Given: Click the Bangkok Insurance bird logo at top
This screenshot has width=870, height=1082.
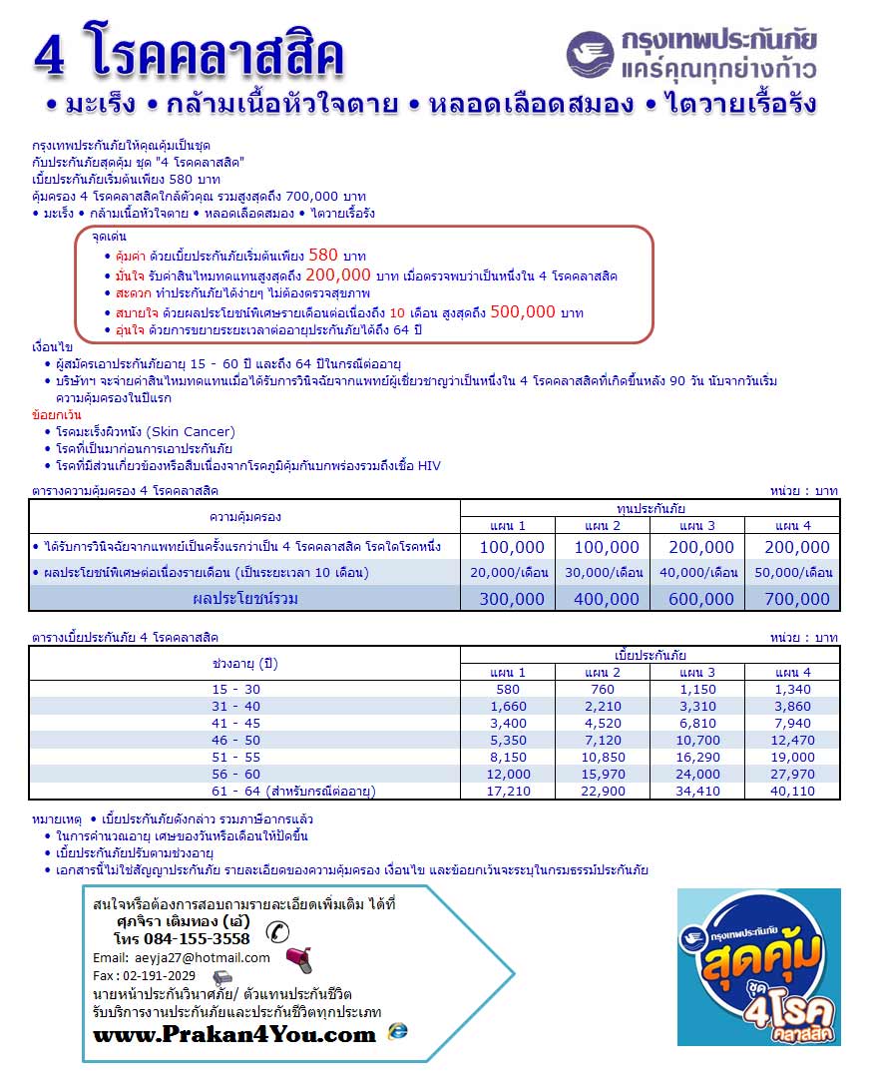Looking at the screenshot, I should click(592, 54).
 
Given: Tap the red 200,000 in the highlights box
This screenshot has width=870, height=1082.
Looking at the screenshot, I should click(338, 274).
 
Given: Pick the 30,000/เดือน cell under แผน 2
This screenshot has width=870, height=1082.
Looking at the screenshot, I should click(603, 572).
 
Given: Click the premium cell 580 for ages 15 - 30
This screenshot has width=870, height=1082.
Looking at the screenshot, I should click(507, 690).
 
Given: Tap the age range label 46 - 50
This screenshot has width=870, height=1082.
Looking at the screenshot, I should click(237, 741).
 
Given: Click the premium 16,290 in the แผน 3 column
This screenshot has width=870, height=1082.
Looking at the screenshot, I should click(697, 758).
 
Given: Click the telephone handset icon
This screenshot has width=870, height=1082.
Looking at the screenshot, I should click(277, 932).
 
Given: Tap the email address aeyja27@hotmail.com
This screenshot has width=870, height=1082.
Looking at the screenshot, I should click(198, 957).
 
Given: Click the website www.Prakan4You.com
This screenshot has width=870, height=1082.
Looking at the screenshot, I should click(234, 1035).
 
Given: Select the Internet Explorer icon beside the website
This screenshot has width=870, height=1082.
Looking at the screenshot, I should click(398, 1031).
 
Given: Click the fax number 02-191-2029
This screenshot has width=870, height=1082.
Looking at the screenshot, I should click(159, 976).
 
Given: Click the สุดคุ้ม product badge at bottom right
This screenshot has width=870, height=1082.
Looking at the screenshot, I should click(758, 967).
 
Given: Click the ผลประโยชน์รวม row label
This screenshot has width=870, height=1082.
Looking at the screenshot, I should click(244, 599).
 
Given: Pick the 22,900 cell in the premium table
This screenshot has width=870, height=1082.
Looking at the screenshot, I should click(602, 792).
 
